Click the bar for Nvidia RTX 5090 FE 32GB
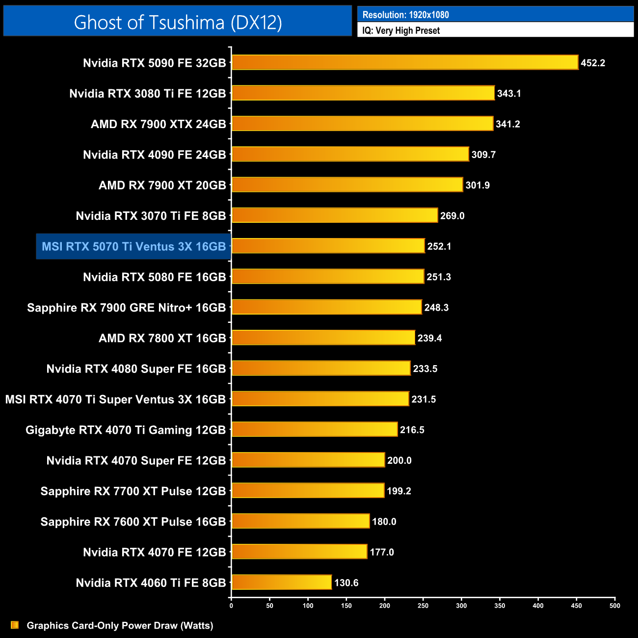point(405,62)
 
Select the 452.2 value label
point(593,63)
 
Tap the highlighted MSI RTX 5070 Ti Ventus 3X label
point(133,246)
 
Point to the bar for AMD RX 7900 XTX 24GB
point(362,124)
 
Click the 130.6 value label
point(346,583)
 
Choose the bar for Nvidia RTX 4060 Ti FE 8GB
point(282,582)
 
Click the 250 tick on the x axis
point(423,605)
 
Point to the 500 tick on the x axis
point(614,605)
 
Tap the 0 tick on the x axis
point(231,605)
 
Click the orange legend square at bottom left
point(15,625)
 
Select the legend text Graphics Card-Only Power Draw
point(120,625)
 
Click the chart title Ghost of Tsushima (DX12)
point(178,22)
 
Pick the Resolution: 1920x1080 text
point(405,15)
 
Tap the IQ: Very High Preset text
point(401,30)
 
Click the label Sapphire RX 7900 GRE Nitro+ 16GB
point(126,308)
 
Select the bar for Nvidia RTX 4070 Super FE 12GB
point(308,460)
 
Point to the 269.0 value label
point(452,216)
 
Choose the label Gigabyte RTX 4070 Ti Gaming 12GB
point(125,430)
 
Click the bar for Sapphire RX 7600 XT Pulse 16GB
point(300,521)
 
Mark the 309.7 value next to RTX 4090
point(483,155)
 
